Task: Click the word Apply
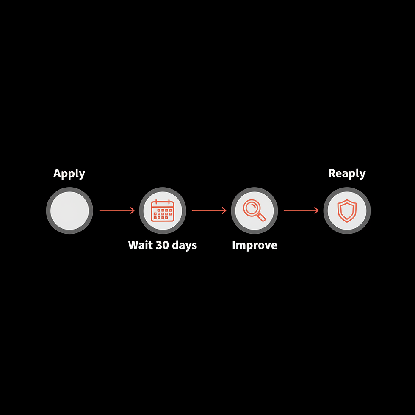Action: click(69, 173)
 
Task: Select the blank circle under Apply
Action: click(69, 210)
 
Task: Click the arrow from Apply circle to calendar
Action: click(116, 210)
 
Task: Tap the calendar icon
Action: click(163, 210)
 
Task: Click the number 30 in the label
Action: click(163, 245)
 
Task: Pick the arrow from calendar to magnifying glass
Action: click(209, 210)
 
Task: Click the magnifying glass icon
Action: click(255, 210)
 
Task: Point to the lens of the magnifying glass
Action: click(252, 207)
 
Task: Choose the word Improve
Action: click(255, 246)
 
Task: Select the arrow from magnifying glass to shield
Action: click(301, 210)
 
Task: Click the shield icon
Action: click(347, 210)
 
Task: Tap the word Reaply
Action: click(347, 173)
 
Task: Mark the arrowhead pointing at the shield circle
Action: click(316, 210)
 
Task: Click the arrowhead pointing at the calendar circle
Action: click(132, 210)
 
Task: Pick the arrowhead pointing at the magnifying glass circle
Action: click(224, 210)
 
